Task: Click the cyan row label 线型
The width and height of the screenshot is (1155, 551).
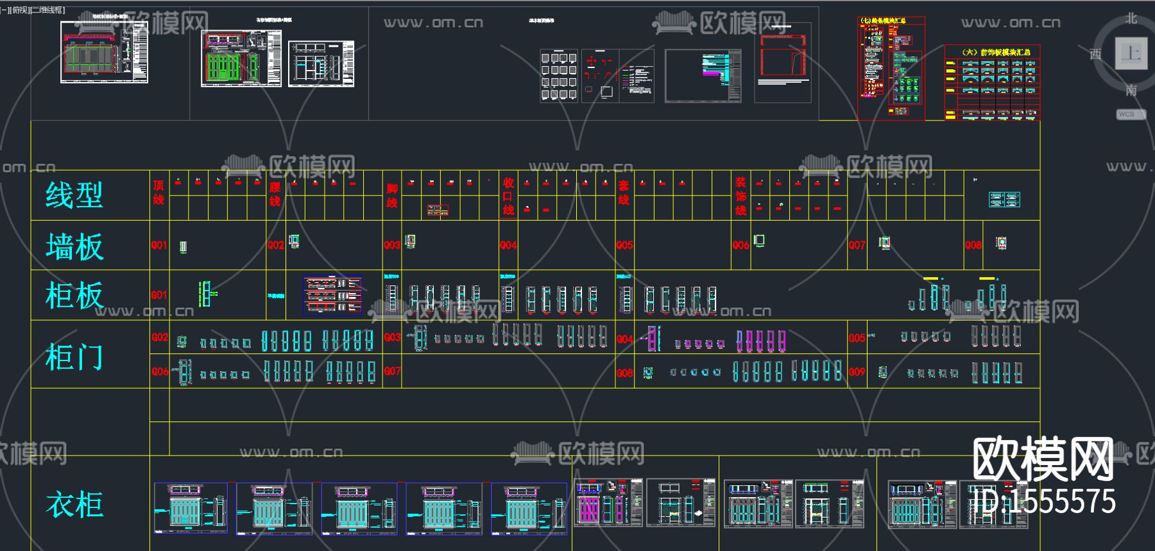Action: click(74, 195)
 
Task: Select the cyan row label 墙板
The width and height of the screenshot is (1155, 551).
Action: click(74, 246)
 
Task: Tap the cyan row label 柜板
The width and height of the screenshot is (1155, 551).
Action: click(74, 296)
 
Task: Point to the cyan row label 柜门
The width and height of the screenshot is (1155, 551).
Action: click(74, 356)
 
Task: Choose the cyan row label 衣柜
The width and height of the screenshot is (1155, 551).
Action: click(74, 504)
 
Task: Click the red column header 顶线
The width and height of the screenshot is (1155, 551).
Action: click(158, 192)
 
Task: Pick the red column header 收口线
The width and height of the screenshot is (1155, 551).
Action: click(508, 196)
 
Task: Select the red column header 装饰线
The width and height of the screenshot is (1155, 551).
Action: click(740, 196)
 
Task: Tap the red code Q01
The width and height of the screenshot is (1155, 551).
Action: click(158, 245)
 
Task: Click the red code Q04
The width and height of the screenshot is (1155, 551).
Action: click(508, 245)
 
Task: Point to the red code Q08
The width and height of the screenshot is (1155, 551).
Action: click(973, 245)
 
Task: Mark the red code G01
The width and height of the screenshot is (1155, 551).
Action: click(158, 295)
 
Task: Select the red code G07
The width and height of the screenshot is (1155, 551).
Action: click(392, 371)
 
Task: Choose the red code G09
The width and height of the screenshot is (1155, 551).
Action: click(857, 371)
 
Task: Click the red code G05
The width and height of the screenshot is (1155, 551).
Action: click(857, 337)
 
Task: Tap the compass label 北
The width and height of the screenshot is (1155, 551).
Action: click(1131, 19)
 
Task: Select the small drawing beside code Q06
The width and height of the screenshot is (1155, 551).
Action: click(759, 241)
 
